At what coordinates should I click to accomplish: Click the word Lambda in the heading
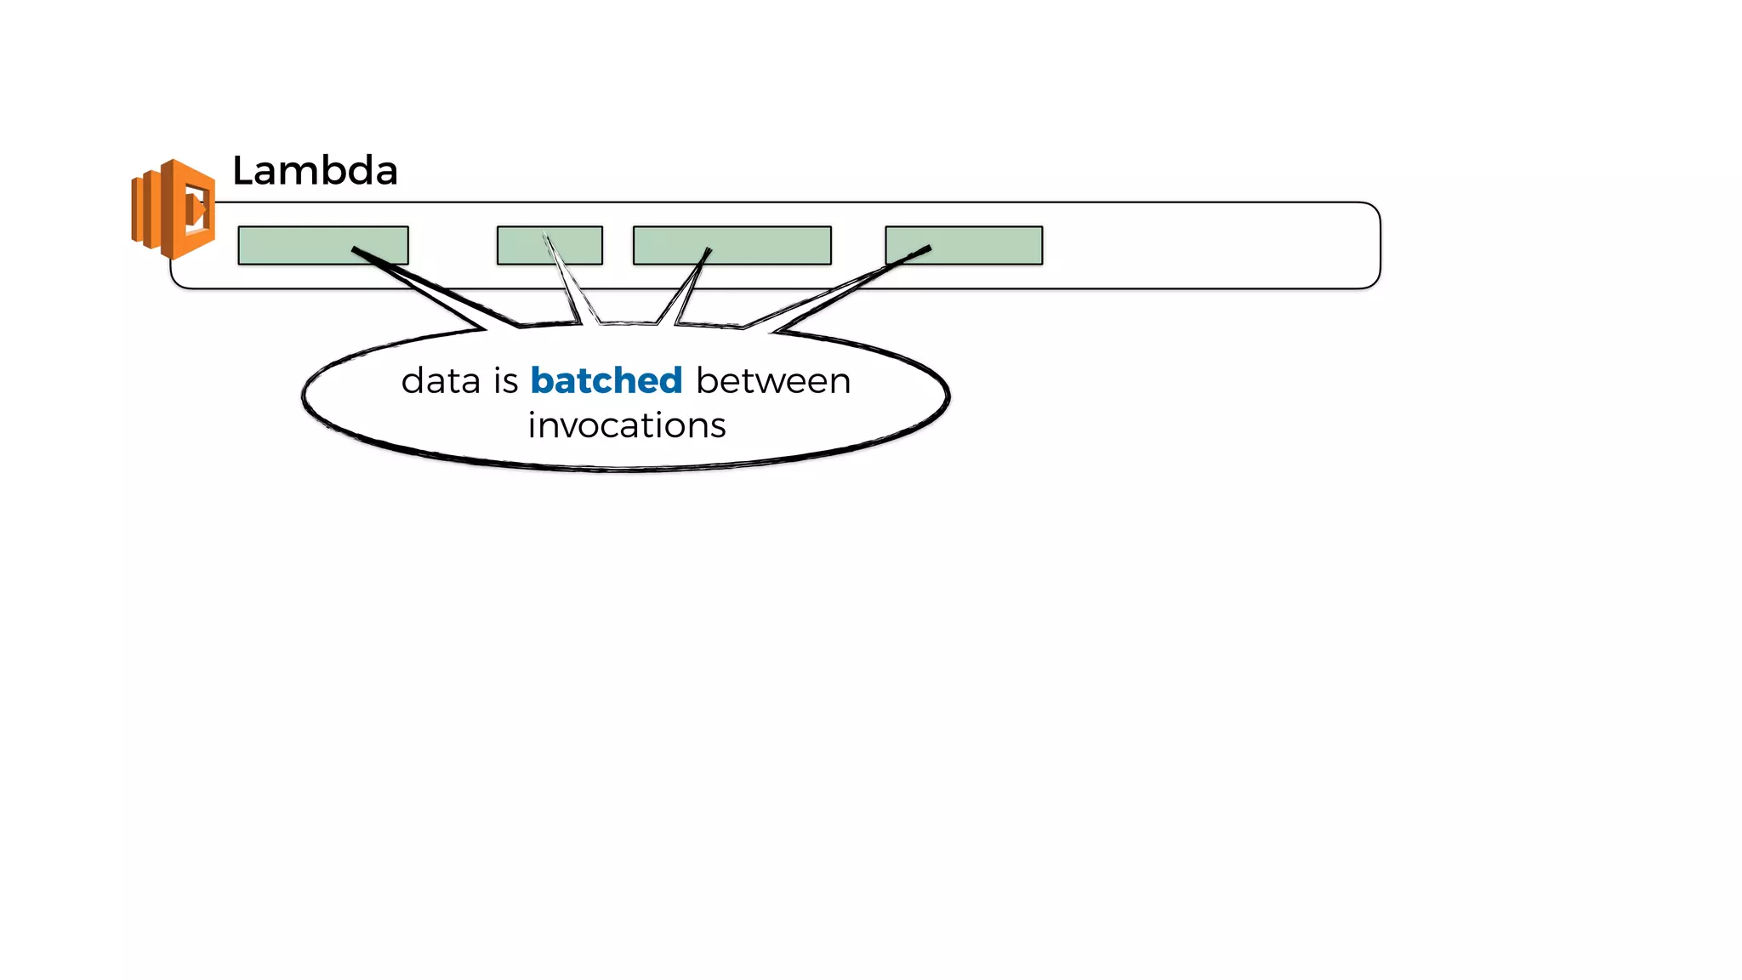(x=315, y=171)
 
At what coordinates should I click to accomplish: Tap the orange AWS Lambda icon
(x=174, y=208)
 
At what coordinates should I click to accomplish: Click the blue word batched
(x=606, y=380)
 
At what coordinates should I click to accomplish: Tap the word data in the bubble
(x=440, y=380)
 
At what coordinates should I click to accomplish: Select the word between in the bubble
(x=773, y=380)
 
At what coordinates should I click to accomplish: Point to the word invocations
(x=627, y=425)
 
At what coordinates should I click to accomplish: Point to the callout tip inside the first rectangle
(x=356, y=249)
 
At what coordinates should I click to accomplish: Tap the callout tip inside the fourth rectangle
(x=928, y=248)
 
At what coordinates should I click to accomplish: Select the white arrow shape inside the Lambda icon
(x=196, y=208)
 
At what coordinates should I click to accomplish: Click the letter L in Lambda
(x=243, y=171)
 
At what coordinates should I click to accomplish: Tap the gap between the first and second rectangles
(x=453, y=245)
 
